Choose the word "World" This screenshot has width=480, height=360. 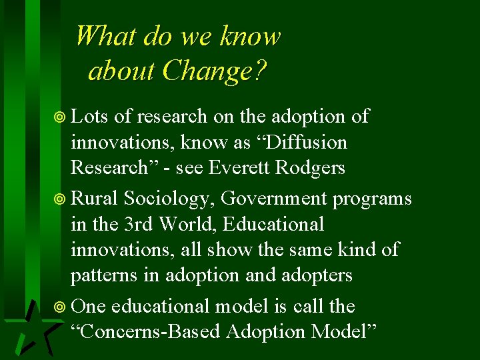point(189,224)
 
